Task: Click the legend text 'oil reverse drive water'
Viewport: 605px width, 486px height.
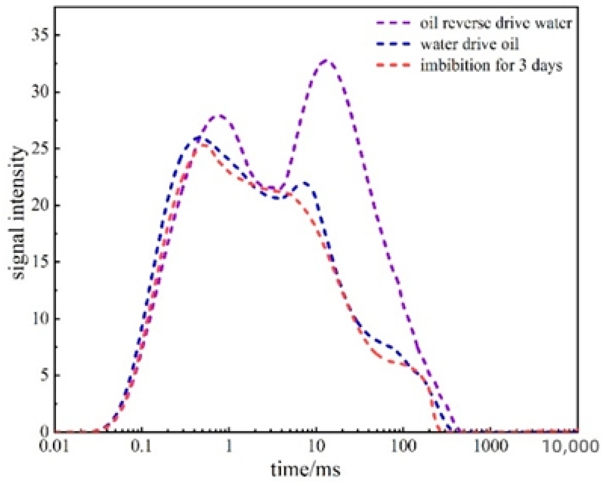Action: click(x=496, y=23)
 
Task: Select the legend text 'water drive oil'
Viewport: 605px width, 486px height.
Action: click(x=469, y=44)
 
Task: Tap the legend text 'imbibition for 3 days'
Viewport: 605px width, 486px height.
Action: click(x=491, y=66)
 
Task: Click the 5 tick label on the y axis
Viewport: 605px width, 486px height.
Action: click(x=45, y=375)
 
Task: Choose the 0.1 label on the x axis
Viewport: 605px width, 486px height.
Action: click(x=142, y=447)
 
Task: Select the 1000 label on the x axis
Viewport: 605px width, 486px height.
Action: click(x=490, y=447)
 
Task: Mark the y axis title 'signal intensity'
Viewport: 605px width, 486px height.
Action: click(x=19, y=213)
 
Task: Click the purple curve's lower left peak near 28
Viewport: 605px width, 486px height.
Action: click(x=221, y=115)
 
